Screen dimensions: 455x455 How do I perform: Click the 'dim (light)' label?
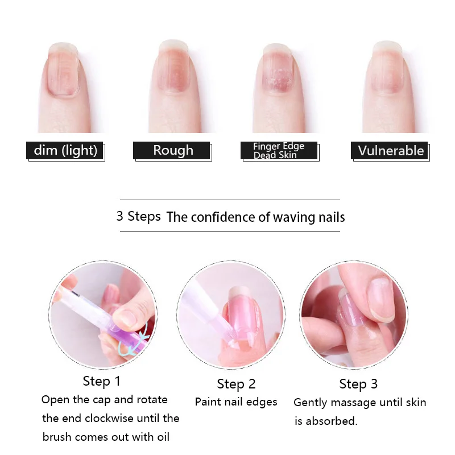pyautogui.click(x=65, y=151)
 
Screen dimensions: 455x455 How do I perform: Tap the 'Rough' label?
pyautogui.click(x=173, y=151)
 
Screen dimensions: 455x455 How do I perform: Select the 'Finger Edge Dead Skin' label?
pyautogui.click(x=279, y=151)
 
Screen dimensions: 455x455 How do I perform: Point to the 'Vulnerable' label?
pyautogui.click(x=390, y=151)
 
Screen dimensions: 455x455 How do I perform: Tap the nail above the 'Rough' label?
pyautogui.click(x=173, y=68)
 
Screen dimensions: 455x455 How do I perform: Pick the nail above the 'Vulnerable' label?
pyautogui.click(x=389, y=68)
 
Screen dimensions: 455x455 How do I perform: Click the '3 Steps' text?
pyautogui.click(x=138, y=217)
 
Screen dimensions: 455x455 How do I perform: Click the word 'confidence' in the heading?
pyautogui.click(x=223, y=217)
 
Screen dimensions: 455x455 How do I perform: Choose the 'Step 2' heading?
pyautogui.click(x=236, y=384)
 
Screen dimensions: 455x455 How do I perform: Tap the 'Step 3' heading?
pyautogui.click(x=358, y=384)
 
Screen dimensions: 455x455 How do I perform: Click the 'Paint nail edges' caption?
pyautogui.click(x=236, y=402)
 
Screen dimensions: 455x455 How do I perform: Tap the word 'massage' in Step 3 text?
pyautogui.click(x=358, y=403)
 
